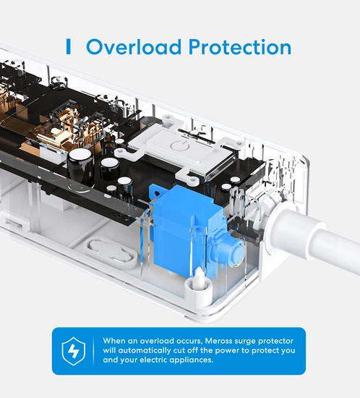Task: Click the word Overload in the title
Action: [x=134, y=47]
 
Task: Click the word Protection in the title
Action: [x=240, y=47]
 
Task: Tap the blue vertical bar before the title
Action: [x=68, y=46]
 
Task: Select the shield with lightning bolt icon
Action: [x=74, y=351]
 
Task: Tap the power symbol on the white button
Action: [x=180, y=146]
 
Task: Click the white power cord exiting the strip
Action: [x=330, y=244]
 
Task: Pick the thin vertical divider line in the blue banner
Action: [x=93, y=351]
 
